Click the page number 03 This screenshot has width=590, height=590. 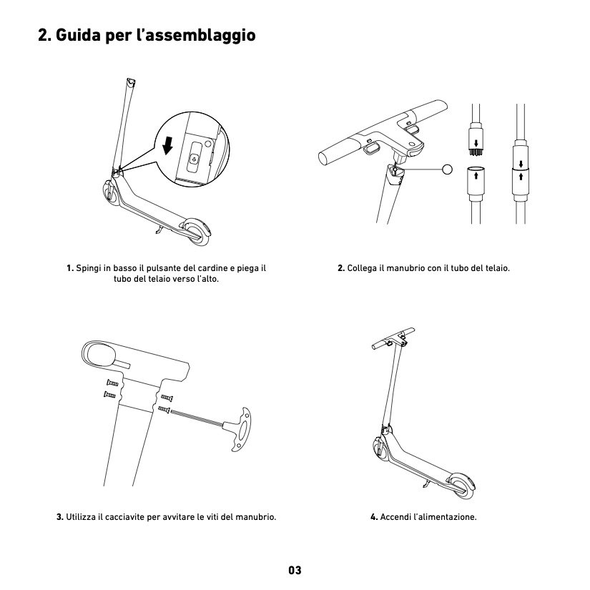pyautogui.click(x=295, y=570)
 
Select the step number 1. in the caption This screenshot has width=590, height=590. pyautogui.click(x=70, y=269)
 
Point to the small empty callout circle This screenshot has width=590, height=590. pyautogui.click(x=448, y=169)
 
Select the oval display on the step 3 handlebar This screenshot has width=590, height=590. pyautogui.click(x=100, y=355)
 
